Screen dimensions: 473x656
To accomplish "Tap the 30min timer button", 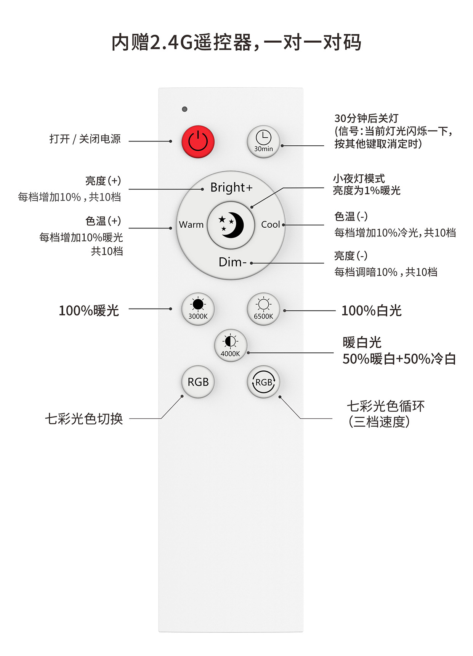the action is click(263, 141).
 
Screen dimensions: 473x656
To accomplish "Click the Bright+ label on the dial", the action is click(231, 188).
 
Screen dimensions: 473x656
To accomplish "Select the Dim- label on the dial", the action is click(232, 262).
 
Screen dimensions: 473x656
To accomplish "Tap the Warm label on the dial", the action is click(191, 225).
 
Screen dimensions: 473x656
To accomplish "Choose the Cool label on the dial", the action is click(271, 225).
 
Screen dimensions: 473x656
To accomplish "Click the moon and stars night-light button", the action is click(231, 225).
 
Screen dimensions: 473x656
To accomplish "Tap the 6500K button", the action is click(263, 309).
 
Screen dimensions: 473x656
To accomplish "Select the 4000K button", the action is click(231, 345).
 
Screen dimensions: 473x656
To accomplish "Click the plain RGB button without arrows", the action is click(198, 382).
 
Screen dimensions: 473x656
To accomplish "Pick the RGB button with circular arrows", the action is click(263, 382).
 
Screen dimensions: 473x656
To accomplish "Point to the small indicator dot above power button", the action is click(185, 109).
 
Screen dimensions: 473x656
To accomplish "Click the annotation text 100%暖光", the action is click(89, 310).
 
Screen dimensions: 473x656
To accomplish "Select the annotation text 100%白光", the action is click(372, 310).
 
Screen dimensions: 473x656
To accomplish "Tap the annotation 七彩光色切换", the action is click(84, 419).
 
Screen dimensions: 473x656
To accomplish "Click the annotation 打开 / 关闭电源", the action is click(85, 139).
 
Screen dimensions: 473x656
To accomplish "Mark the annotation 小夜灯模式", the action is click(359, 178).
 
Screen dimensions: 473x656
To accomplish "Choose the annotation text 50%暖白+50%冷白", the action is click(399, 359).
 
